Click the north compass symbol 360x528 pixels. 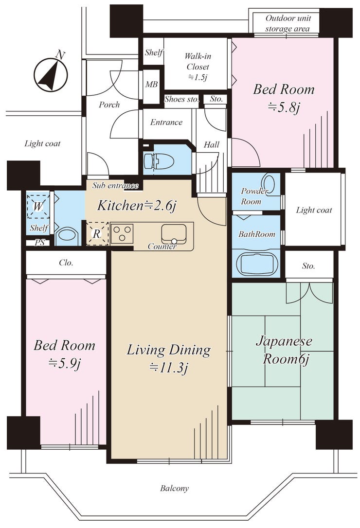click(x=51, y=74)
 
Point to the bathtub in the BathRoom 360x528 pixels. click(x=256, y=264)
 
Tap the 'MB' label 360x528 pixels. click(x=151, y=84)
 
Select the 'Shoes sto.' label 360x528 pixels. click(x=181, y=99)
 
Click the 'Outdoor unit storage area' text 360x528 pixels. click(x=288, y=23)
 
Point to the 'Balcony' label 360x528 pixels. click(x=174, y=488)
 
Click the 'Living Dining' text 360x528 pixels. click(x=168, y=350)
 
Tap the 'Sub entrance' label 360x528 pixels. click(x=115, y=186)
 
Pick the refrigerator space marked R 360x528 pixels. click(x=97, y=233)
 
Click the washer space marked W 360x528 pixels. click(x=38, y=206)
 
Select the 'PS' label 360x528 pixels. click(x=39, y=243)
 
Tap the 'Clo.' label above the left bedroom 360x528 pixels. click(x=66, y=263)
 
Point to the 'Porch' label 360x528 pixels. click(x=109, y=105)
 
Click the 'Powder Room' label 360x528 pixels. click(x=253, y=196)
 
